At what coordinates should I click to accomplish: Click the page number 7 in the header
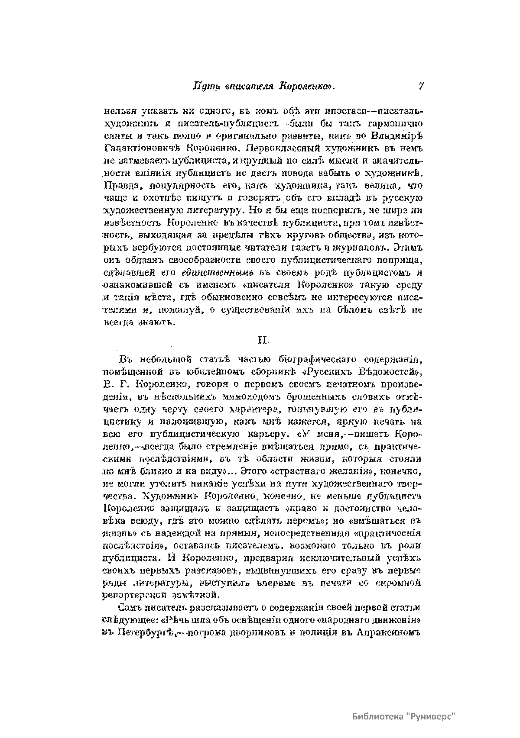click(420, 87)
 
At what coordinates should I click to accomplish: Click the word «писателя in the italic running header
click(250, 87)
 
